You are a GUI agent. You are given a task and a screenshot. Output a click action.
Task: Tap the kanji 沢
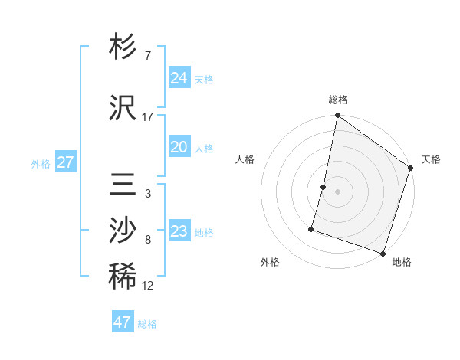click(123, 108)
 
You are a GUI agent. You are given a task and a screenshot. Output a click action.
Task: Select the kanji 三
click(123, 186)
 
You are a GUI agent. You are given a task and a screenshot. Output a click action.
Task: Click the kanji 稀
click(123, 277)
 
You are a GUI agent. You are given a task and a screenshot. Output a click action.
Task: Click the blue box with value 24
click(179, 78)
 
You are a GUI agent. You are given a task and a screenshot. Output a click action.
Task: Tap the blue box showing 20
click(179, 147)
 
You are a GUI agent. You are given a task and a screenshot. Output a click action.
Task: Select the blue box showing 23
click(179, 231)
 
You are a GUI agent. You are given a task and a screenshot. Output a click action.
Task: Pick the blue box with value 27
click(65, 162)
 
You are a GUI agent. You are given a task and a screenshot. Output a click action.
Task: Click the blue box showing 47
click(122, 322)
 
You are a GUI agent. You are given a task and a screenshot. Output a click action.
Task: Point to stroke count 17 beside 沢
click(147, 117)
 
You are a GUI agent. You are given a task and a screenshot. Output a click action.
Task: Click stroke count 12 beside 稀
click(147, 286)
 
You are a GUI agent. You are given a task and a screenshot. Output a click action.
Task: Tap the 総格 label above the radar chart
click(338, 100)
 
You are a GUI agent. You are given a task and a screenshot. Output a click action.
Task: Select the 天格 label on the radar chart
click(431, 159)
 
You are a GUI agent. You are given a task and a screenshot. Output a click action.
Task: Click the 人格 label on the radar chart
click(245, 159)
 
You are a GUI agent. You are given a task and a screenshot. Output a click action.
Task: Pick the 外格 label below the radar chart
click(270, 262)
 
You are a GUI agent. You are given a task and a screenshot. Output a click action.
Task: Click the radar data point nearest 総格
click(337, 116)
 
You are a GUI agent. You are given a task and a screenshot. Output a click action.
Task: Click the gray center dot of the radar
click(337, 191)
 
